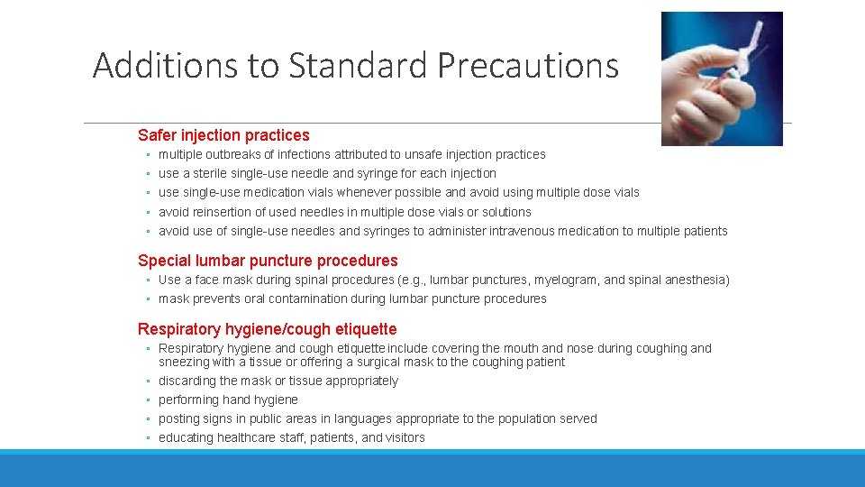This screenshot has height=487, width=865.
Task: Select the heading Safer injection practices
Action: (x=223, y=135)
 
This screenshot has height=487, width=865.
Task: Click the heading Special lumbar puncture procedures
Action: (x=268, y=261)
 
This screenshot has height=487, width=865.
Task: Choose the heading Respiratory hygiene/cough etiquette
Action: (x=267, y=329)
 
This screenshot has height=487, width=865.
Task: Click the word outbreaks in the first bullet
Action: (x=230, y=154)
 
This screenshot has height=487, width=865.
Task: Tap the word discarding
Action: (x=187, y=381)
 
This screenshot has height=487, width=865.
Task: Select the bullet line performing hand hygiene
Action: (x=228, y=400)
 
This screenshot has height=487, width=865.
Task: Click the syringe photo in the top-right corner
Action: (x=722, y=78)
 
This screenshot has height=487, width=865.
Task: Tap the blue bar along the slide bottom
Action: (x=432, y=468)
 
